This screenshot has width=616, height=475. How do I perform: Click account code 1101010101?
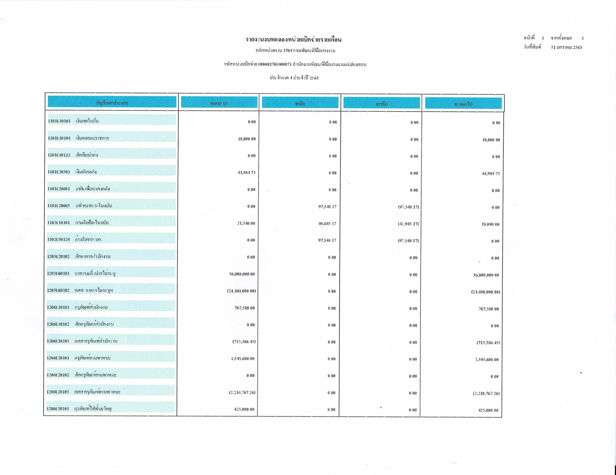pos(59,121)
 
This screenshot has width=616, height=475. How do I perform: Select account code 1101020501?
pos(59,172)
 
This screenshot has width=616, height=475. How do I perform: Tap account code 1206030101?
pos(58,409)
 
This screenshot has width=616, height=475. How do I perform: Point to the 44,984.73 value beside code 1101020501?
pos(246,172)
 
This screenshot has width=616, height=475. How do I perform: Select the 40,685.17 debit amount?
pos(327,224)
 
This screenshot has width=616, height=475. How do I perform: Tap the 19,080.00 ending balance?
pos(490,224)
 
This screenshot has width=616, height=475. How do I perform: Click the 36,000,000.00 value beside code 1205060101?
pos(242,274)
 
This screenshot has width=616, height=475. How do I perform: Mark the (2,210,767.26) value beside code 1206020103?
pos(242,392)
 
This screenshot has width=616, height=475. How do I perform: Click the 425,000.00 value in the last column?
pos(488,410)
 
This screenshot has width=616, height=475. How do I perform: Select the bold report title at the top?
pos(293,39)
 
